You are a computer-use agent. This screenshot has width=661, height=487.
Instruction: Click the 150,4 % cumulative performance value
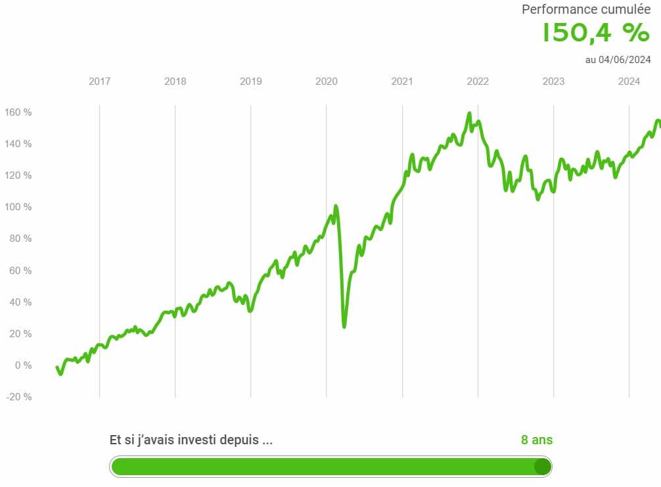pyautogui.click(x=595, y=33)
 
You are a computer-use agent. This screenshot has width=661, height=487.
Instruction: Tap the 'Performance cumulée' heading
pyautogui.click(x=586, y=9)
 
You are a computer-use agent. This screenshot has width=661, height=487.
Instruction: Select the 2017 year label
pyautogui.click(x=99, y=81)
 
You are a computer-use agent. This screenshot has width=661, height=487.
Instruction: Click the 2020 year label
pyautogui.click(x=327, y=81)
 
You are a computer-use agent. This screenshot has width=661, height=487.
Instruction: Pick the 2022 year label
pyautogui.click(x=478, y=81)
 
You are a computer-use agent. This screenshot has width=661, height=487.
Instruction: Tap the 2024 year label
pyautogui.click(x=629, y=81)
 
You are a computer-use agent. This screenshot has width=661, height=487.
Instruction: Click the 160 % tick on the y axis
pyautogui.click(x=18, y=112)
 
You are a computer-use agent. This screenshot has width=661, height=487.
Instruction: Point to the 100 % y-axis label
pyautogui.click(x=18, y=207)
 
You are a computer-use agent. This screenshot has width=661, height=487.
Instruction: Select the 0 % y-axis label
pyautogui.click(x=22, y=365)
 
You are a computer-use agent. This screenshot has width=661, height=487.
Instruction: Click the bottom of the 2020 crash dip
pyautogui.click(x=344, y=326)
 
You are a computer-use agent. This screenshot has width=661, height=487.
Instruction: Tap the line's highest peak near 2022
pyautogui.click(x=469, y=113)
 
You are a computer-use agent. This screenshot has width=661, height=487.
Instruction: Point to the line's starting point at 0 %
pyautogui.click(x=57, y=367)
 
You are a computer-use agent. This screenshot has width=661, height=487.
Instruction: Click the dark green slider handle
pyautogui.click(x=542, y=467)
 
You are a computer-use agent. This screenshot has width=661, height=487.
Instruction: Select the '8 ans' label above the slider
pyautogui.click(x=537, y=440)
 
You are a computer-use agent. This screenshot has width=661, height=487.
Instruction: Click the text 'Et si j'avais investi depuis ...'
pyautogui.click(x=191, y=440)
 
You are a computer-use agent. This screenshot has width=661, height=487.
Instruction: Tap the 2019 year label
pyautogui.click(x=250, y=81)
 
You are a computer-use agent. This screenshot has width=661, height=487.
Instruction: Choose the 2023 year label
pyautogui.click(x=553, y=81)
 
